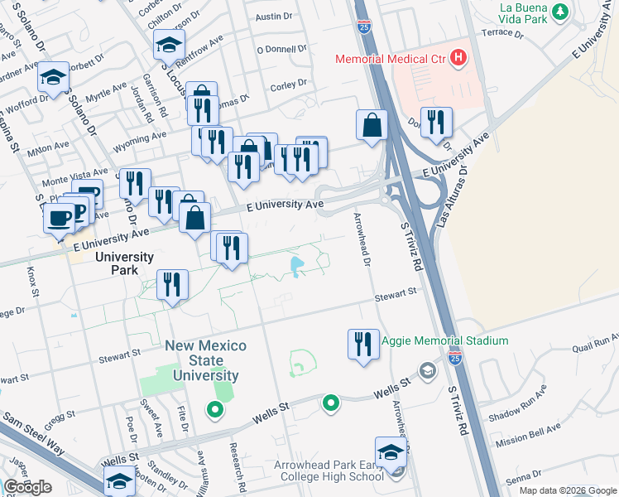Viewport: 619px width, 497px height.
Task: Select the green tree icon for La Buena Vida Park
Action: pos(561,12)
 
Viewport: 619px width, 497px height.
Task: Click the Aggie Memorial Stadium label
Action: pos(444,340)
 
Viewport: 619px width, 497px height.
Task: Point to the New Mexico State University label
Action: pos(201,360)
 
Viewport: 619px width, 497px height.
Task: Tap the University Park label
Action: pos(124,257)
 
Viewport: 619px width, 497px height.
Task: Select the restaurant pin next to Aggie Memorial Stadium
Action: pos(362,344)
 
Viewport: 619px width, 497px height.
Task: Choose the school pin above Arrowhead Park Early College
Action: pos(391,451)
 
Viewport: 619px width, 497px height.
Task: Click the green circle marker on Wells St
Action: pos(330,403)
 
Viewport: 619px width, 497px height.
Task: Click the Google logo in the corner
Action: pos(28,487)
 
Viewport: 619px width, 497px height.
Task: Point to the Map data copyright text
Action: pos(567,490)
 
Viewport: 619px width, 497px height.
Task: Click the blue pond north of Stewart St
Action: pos(296,266)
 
